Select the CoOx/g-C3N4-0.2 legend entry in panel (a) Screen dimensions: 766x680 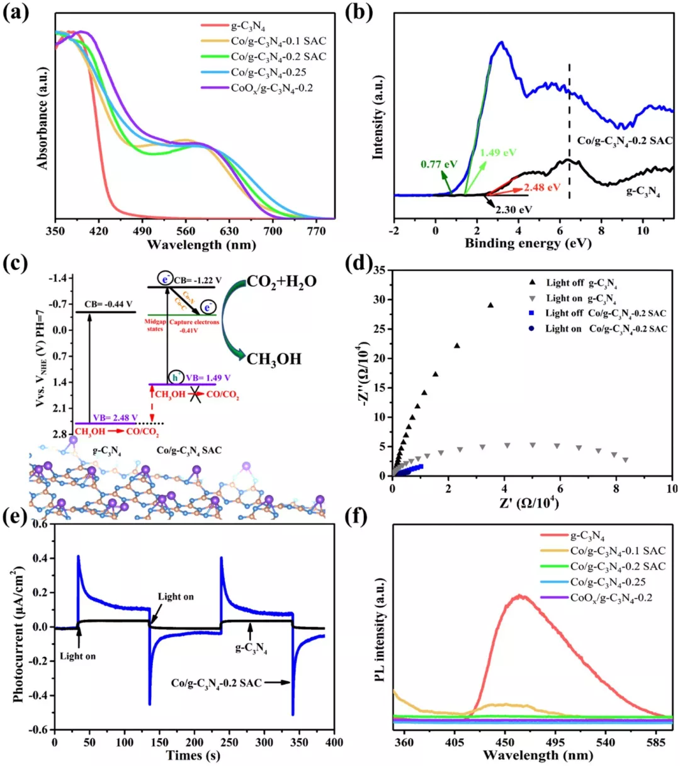pyautogui.click(x=271, y=88)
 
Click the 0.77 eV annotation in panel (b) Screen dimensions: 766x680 pyautogui.click(x=439, y=165)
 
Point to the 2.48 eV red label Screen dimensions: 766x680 pyautogui.click(x=542, y=187)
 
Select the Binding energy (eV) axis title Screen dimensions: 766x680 pyautogui.click(x=528, y=243)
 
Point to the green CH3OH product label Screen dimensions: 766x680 pyautogui.click(x=274, y=359)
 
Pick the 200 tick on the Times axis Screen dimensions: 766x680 pyautogui.click(x=195, y=742)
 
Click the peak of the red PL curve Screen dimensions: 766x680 pyautogui.click(x=520, y=595)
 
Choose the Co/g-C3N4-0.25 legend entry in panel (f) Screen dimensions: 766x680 pyautogui.click(x=608, y=582)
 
